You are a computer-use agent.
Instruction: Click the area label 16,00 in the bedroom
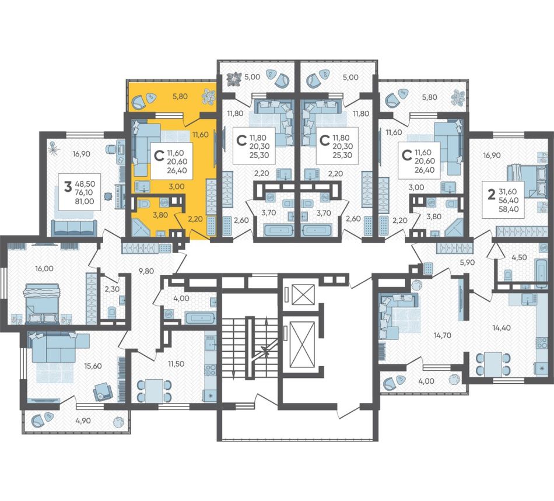point(44,268)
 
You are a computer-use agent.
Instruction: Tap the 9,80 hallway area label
point(146,271)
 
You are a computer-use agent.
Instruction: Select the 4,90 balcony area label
point(83,421)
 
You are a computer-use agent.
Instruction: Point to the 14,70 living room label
point(443,335)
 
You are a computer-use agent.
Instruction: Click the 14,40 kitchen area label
point(502,328)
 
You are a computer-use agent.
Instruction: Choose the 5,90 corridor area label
point(467,262)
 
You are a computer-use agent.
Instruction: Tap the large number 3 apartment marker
point(68,187)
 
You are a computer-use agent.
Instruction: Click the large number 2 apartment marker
point(491,194)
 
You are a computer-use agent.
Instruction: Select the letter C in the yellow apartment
point(160,156)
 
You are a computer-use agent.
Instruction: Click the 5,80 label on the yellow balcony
point(180,96)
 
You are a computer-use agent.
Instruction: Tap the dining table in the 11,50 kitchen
point(154,390)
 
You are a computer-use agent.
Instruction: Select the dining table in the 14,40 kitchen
point(493,364)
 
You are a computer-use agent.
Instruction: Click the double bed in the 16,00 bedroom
point(41,303)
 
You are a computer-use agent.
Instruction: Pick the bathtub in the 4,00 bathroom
point(200,318)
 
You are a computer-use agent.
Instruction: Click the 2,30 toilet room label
point(112,289)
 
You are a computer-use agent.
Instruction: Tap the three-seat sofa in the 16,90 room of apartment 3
point(74,228)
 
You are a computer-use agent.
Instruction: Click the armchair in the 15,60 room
point(103,391)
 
